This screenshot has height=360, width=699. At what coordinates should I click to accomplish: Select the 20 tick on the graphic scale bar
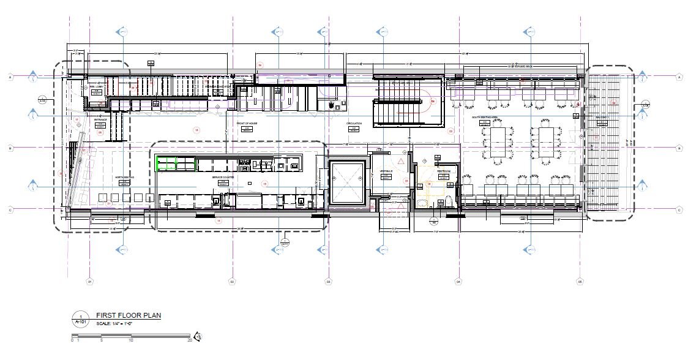pyautogui.click(x=190, y=340)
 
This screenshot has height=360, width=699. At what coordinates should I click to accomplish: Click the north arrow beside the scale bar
pyautogui.click(x=198, y=336)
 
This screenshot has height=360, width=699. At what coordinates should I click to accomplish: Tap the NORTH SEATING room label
pyautogui.click(x=125, y=178)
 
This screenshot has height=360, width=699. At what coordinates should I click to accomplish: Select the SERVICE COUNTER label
pyautogui.click(x=223, y=178)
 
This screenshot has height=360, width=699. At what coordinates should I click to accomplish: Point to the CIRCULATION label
pyautogui.click(x=354, y=124)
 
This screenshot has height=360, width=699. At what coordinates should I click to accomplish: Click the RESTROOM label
pyautogui.click(x=443, y=171)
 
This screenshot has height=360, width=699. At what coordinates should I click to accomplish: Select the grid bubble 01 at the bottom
pyautogui.click(x=89, y=282)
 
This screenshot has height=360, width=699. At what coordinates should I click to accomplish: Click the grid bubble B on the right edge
pyautogui.click(x=679, y=148)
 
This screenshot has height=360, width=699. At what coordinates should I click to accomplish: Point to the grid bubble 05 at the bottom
pyautogui.click(x=579, y=282)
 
